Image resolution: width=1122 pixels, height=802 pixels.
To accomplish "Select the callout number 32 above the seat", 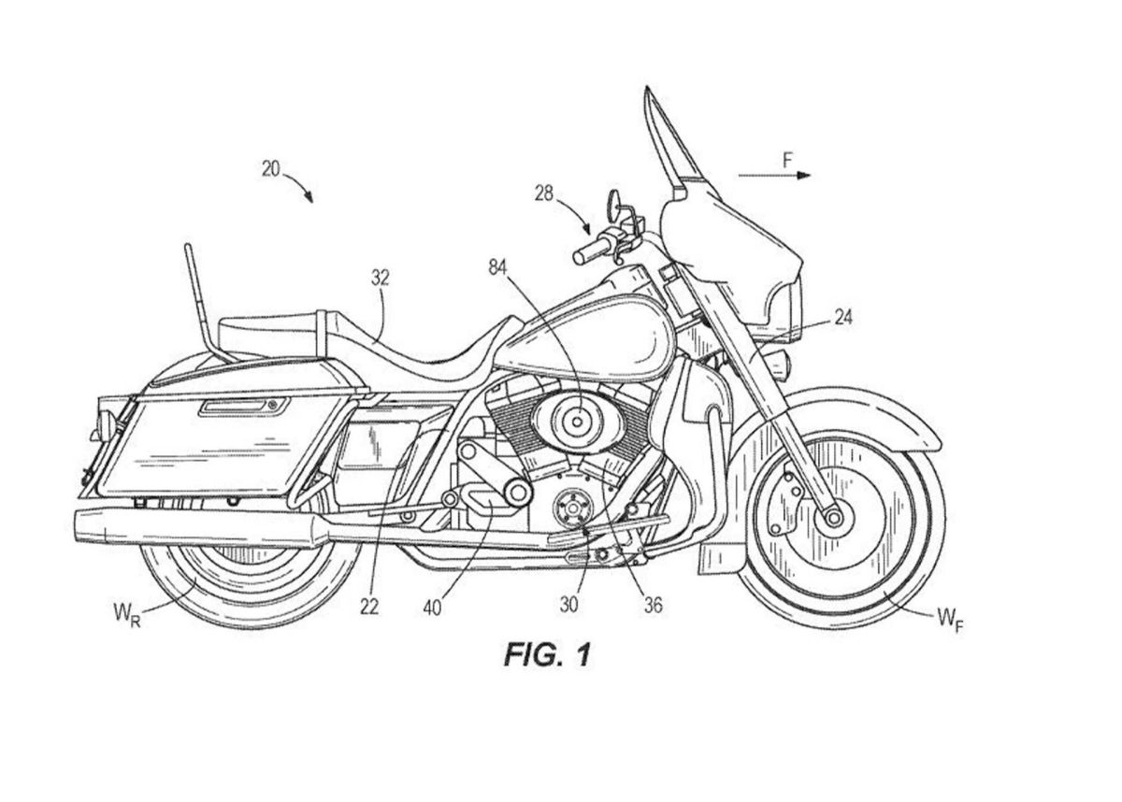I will point(381,278).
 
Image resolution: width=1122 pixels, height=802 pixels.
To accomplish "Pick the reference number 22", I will point(368,607).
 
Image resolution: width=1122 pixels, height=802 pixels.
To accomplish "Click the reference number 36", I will point(653,605).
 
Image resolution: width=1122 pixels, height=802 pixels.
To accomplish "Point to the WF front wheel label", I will point(947,618).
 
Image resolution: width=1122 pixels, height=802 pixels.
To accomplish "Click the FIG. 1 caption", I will point(547,655).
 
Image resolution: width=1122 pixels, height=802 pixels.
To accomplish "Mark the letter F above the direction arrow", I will point(787,161).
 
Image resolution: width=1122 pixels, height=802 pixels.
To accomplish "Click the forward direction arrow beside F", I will point(774,176).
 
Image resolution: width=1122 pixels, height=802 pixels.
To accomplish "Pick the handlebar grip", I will point(591,251).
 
